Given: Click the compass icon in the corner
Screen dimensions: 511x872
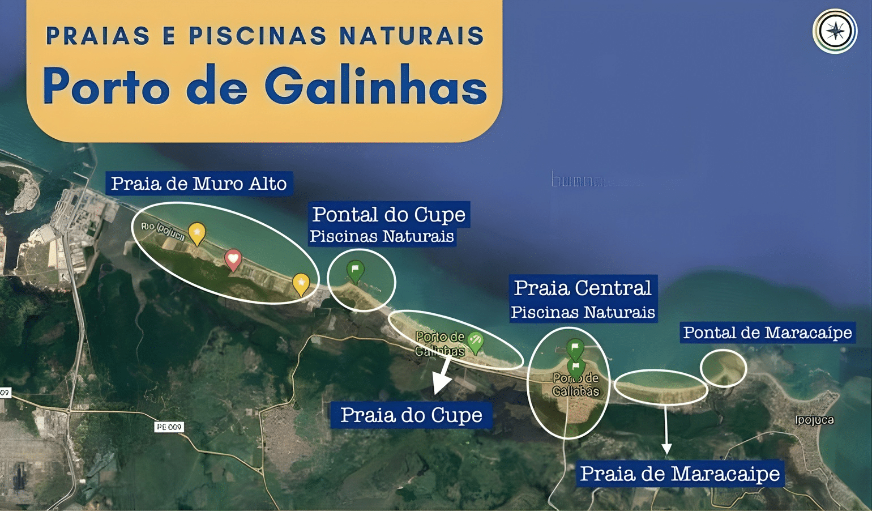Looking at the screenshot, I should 835,31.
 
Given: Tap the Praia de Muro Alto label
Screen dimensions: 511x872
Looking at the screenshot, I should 198,184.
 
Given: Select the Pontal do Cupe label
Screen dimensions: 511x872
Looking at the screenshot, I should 389,215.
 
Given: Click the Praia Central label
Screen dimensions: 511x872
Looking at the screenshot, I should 583,288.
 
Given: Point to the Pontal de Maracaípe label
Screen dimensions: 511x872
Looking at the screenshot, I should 767,333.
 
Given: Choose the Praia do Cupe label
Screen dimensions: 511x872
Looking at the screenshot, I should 411,415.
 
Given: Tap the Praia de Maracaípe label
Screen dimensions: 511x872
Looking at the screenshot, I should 680,474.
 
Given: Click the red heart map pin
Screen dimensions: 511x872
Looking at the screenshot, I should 233,259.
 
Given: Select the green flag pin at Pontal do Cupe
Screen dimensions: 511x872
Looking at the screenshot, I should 355,270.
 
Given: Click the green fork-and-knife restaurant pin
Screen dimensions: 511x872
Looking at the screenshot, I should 475,341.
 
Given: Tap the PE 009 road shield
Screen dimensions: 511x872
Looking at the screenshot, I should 169,427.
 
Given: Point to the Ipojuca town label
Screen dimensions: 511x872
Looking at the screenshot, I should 814,420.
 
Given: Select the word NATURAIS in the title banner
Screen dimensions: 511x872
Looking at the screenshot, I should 411,36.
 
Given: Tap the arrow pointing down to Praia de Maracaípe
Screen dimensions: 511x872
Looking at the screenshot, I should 666,431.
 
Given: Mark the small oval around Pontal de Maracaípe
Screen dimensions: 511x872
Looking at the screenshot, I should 723,368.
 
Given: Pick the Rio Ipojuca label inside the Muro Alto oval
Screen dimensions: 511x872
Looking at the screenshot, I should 163,231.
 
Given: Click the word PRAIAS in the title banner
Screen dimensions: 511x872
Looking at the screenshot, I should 98,36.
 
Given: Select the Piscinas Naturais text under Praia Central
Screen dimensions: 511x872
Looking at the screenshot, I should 583,313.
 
